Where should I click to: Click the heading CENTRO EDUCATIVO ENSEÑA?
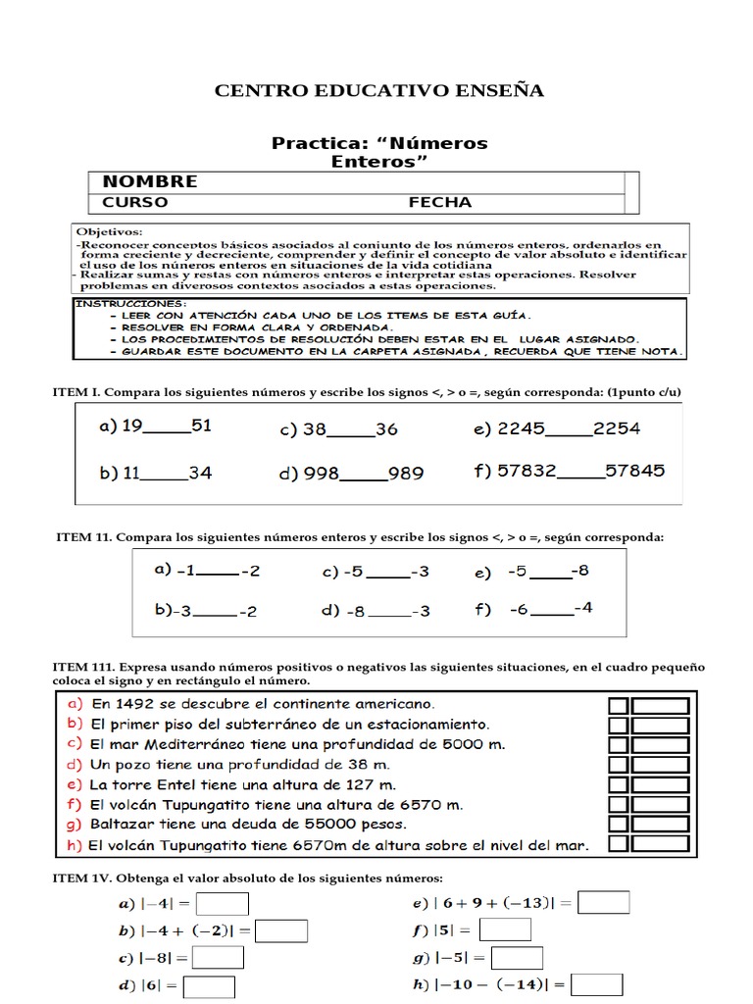pos(378,91)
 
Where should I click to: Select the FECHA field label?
pos(439,203)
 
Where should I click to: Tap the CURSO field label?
pos(135,203)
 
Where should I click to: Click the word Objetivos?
pos(108,232)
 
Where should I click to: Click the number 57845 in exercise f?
pos(634,471)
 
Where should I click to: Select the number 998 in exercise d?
pos(321,474)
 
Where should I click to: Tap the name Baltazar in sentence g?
pos(121,826)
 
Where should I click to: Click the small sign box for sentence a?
pos(619,706)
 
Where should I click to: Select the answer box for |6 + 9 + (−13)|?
pos(603,902)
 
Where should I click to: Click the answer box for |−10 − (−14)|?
pos(596,984)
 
